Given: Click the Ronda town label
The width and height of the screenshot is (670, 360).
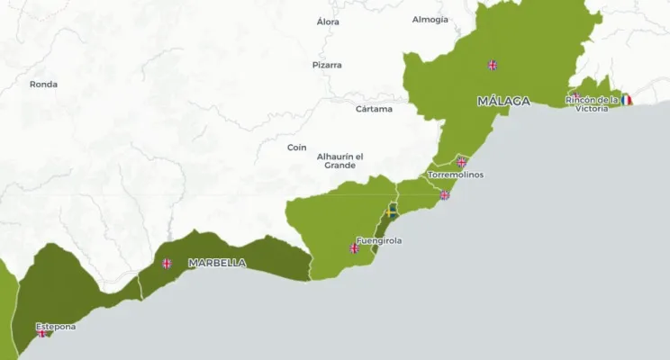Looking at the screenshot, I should (43, 85).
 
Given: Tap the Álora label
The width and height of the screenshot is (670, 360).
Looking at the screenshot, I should (329, 21).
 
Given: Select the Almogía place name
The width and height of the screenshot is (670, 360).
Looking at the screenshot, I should (430, 20).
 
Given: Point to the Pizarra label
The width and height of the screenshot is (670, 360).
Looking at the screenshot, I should (327, 65).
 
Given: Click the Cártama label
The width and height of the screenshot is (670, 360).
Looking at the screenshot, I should (374, 109).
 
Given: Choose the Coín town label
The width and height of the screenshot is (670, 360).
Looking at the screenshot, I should (296, 148).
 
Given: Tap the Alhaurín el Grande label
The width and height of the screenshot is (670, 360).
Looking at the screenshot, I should (340, 160).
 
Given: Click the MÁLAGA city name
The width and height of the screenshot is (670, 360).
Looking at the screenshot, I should (503, 101).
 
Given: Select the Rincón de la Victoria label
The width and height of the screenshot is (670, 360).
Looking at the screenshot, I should (592, 103).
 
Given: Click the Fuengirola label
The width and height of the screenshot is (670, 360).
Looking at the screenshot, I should (379, 240).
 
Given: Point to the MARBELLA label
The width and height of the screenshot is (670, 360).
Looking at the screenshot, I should (216, 263).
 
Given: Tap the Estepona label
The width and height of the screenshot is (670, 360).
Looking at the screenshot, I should (55, 326).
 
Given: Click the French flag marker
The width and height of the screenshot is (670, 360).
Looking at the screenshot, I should (626, 100).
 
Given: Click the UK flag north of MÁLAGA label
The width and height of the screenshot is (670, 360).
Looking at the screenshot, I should (493, 65).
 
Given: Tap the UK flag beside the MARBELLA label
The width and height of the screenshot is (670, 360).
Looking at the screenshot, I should (167, 264).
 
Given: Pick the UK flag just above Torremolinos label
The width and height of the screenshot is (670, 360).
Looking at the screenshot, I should (461, 163).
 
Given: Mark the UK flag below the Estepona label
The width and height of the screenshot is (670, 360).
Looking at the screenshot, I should (41, 334).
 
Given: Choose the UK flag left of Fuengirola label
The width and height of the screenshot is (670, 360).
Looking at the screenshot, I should (354, 248).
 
